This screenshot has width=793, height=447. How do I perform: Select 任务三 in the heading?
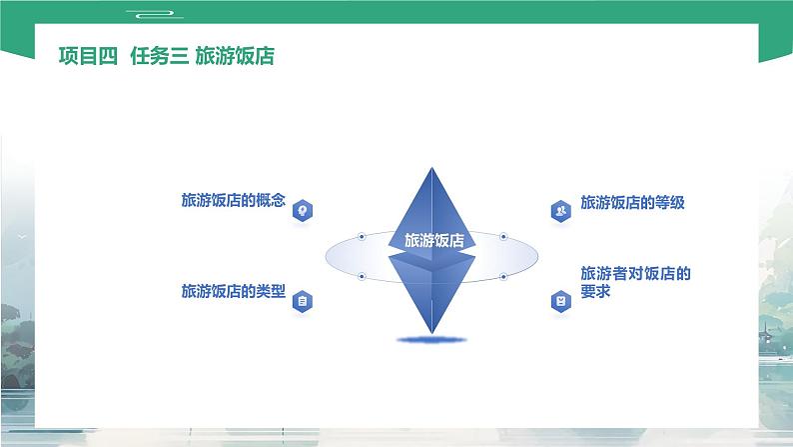coord(157,57)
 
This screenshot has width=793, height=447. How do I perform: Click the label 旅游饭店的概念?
coord(233,201)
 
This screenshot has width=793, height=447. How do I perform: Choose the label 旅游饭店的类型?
coord(233,292)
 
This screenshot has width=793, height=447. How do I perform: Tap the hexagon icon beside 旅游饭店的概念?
coord(303,209)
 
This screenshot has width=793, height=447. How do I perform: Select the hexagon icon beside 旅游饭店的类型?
coord(303,300)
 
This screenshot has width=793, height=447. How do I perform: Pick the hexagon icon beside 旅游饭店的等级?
coord(560,210)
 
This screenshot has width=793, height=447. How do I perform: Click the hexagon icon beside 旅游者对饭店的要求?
coord(560,300)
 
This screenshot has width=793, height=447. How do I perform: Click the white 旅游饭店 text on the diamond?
coord(433,241)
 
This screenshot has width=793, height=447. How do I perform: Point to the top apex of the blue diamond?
coord(432,168)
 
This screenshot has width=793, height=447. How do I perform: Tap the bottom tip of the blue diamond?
coord(432,332)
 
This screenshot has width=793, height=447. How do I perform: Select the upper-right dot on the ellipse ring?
coord(503,237)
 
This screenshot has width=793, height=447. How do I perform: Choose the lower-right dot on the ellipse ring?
coord(503,275)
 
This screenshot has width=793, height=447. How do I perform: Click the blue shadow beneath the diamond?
coord(432,341)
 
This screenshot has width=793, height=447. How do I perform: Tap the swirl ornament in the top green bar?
coord(152,13)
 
